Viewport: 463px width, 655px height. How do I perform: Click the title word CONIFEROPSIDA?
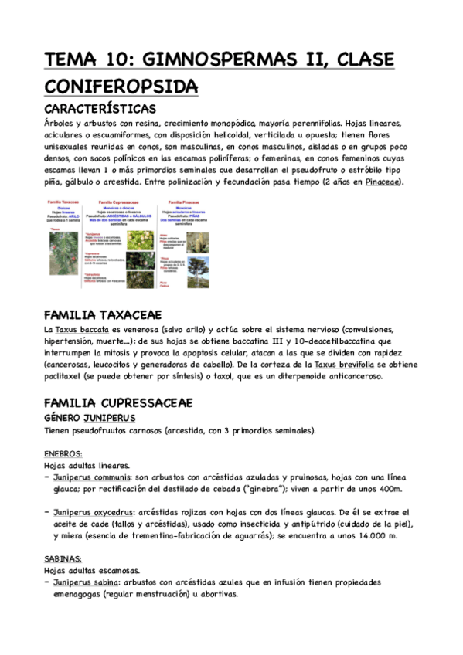(x=121, y=86)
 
